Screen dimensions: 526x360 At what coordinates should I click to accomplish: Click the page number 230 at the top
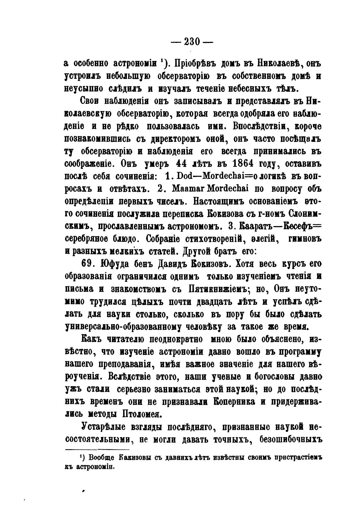(192, 42)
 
